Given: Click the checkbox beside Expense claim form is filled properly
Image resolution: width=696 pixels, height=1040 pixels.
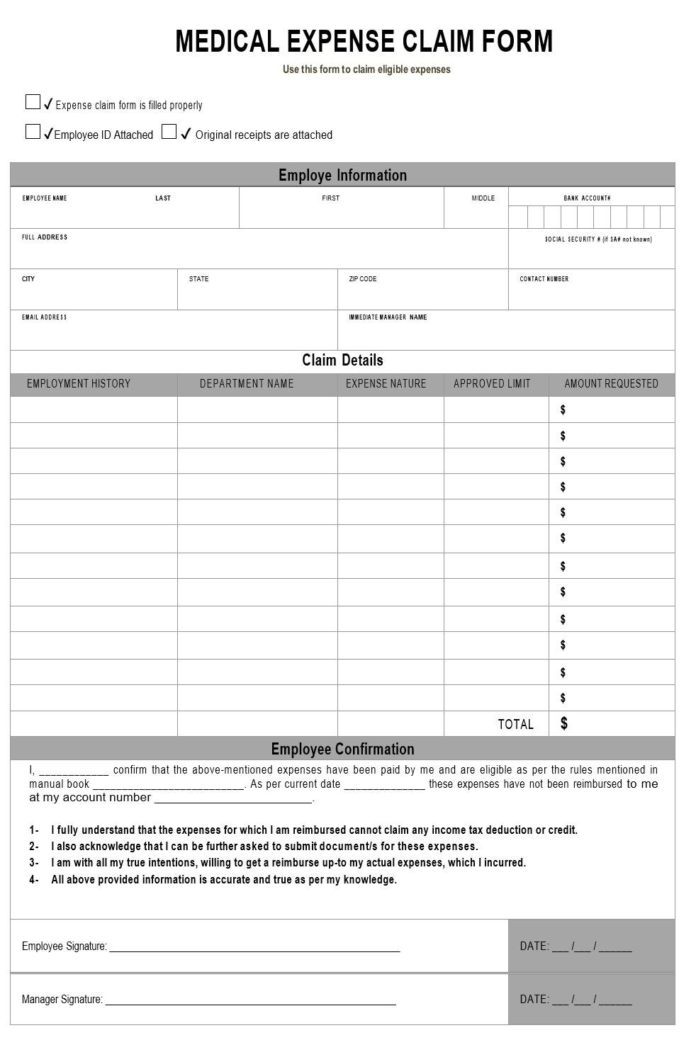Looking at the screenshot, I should [x=33, y=102].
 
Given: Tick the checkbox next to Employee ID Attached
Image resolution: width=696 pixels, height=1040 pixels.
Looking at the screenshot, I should [x=33, y=132].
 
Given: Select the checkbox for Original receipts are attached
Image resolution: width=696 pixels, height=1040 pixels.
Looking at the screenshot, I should [x=169, y=132].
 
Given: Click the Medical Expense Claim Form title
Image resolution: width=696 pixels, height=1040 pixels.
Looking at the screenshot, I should [x=364, y=42].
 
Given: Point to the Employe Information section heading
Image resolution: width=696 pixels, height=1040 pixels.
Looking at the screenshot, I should [x=342, y=175].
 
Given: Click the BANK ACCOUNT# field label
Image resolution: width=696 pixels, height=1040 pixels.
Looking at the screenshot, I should [x=587, y=198].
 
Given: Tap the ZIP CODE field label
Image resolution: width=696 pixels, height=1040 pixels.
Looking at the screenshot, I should [x=363, y=279].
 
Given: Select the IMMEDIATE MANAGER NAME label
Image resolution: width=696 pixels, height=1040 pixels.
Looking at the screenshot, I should [x=388, y=317].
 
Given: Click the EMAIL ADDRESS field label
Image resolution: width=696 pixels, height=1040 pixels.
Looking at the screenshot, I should [x=44, y=317].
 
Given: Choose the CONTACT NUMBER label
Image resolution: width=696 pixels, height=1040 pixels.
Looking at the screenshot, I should [x=544, y=279].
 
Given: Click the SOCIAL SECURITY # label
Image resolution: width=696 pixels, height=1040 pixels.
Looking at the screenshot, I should [x=598, y=239].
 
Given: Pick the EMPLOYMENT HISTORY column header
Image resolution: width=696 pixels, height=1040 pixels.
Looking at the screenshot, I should [x=79, y=384].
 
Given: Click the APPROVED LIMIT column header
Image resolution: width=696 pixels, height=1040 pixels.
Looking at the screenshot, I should [x=492, y=384].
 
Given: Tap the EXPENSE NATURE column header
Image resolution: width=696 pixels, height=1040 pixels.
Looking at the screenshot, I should [x=386, y=384].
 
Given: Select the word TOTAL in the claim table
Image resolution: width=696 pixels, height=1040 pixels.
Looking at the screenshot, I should [x=515, y=724].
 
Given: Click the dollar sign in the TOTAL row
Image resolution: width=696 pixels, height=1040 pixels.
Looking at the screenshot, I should [x=564, y=723].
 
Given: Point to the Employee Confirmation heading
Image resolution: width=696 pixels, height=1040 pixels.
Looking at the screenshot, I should [x=342, y=749].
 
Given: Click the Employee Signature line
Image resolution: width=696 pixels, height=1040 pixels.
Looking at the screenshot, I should [x=254, y=947].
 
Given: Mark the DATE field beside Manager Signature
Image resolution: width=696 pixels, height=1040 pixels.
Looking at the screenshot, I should [x=576, y=1000].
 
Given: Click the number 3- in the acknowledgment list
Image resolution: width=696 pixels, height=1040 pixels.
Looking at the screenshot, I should [x=34, y=863].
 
